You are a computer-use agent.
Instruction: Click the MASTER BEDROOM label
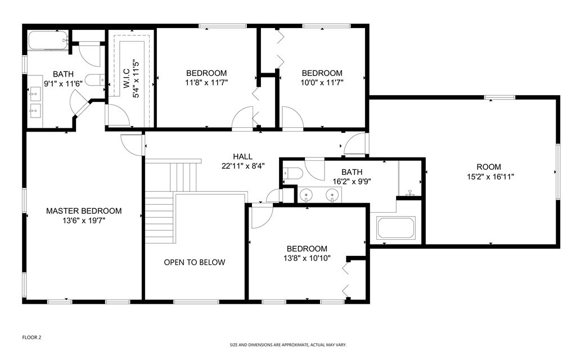coord(84,211)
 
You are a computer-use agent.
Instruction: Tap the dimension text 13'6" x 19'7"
coord(84,220)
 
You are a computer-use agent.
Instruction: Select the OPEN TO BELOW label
coord(195,262)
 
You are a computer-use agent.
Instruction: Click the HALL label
coord(243,156)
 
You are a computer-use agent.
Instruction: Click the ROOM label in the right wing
coord(488,166)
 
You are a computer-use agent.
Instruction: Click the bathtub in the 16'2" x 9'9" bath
coord(395,228)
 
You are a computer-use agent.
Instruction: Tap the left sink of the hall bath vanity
coord(307,195)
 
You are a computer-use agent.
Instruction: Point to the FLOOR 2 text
coord(31,337)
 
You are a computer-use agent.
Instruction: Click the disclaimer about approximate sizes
coord(287,344)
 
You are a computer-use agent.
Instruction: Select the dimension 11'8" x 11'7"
coord(206,82)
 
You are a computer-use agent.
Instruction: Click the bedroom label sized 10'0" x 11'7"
coord(322,73)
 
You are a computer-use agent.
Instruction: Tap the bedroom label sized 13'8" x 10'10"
coord(307,249)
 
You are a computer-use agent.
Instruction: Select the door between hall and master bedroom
coord(131,144)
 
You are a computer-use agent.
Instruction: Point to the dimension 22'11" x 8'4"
coord(243,166)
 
